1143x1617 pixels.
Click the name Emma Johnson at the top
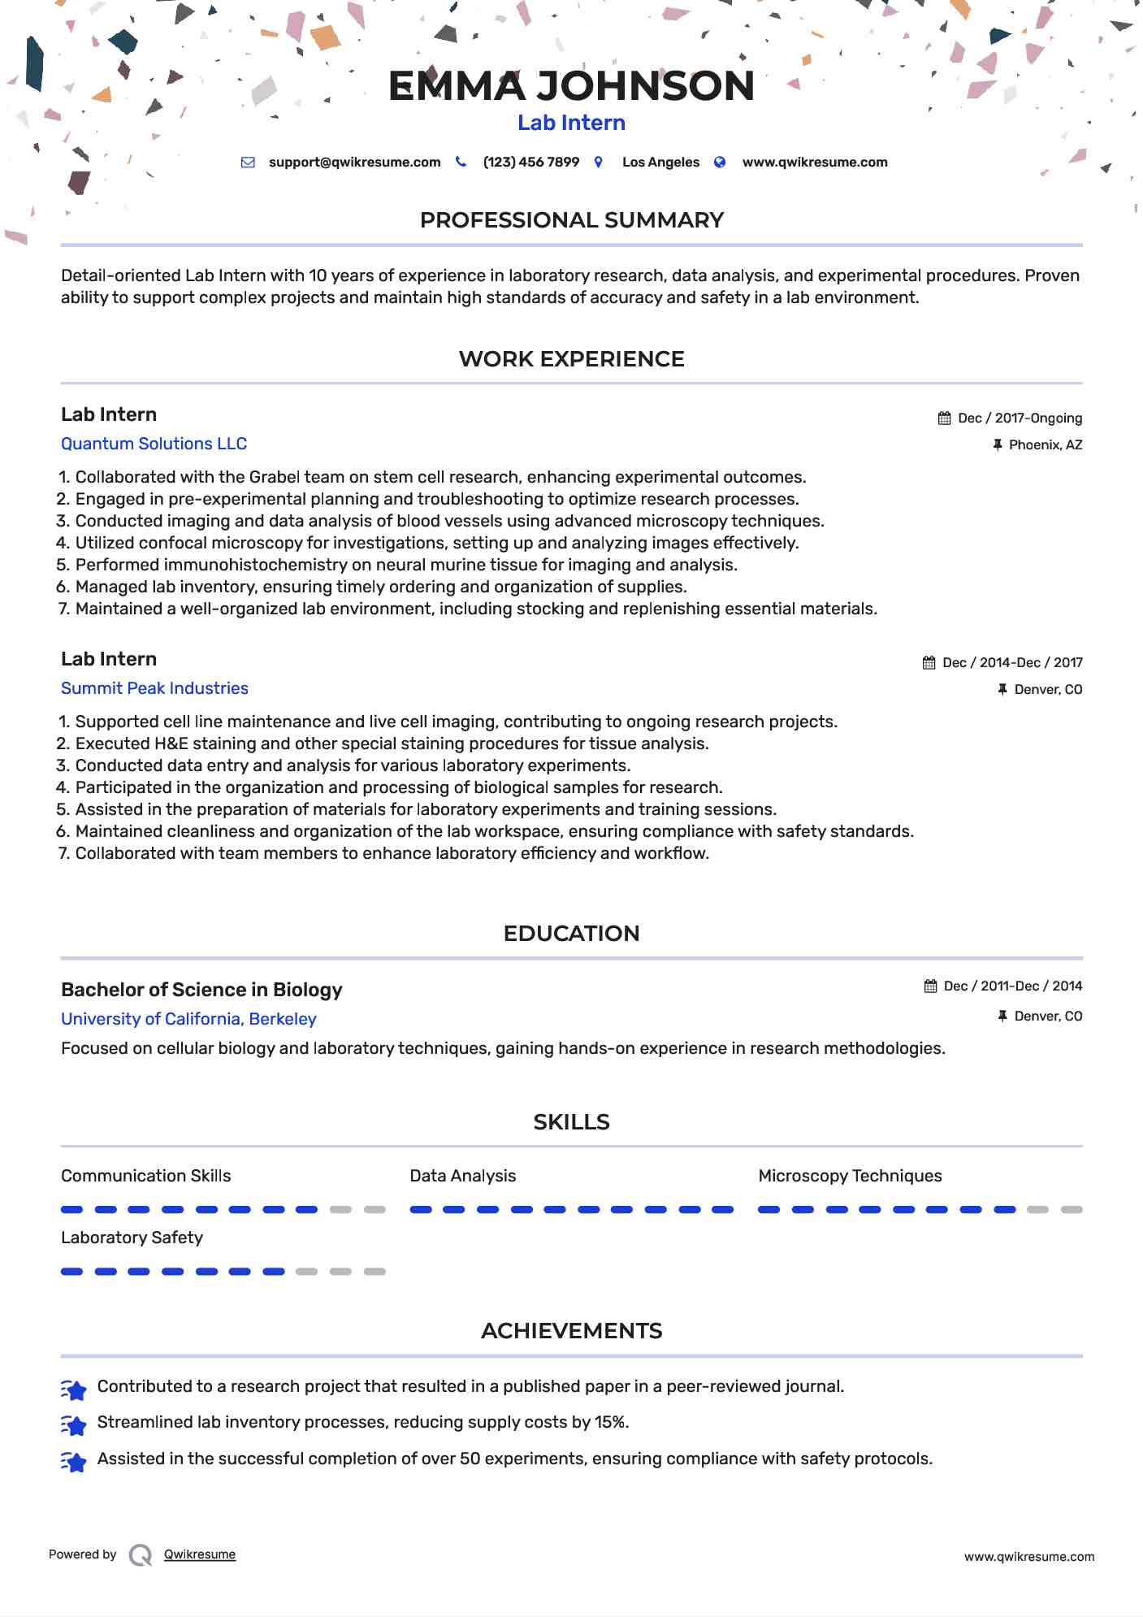(x=571, y=86)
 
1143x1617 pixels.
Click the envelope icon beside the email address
(x=248, y=163)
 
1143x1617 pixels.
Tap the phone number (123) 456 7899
(x=530, y=163)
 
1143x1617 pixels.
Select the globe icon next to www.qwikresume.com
(x=720, y=163)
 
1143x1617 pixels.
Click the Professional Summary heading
(x=571, y=220)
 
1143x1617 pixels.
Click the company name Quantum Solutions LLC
(x=154, y=444)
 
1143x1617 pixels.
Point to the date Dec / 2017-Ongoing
(x=1020, y=418)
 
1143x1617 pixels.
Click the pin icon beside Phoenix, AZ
(x=998, y=445)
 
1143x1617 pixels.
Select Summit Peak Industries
(x=154, y=688)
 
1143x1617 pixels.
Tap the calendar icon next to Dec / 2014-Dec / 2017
(x=929, y=663)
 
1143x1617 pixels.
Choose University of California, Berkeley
(x=188, y=1019)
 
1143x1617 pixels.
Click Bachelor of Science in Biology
(x=201, y=990)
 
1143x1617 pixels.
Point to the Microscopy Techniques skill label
(x=850, y=1176)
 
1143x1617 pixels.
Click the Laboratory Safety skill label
(x=132, y=1238)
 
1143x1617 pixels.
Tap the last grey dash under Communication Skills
(x=375, y=1210)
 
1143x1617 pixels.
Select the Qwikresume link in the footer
(x=200, y=1554)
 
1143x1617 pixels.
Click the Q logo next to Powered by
(x=141, y=1555)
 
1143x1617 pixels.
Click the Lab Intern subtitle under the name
(x=571, y=123)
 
